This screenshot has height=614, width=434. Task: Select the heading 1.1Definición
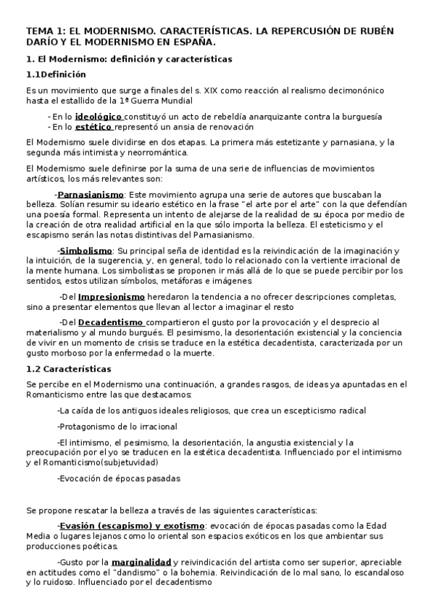tap(55, 74)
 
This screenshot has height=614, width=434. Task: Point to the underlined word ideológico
tap(100, 117)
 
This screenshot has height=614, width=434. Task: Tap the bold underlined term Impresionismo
tap(112, 297)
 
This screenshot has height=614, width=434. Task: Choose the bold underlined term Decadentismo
tap(111, 321)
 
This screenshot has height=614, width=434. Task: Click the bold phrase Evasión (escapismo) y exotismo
tap(132, 525)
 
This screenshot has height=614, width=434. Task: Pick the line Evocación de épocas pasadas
tap(118, 478)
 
